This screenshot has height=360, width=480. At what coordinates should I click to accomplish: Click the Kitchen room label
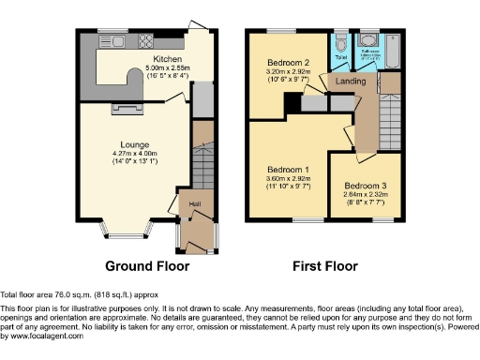168,57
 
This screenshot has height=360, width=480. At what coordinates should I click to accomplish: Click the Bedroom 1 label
288,171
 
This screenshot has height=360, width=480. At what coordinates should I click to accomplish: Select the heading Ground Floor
146,265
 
